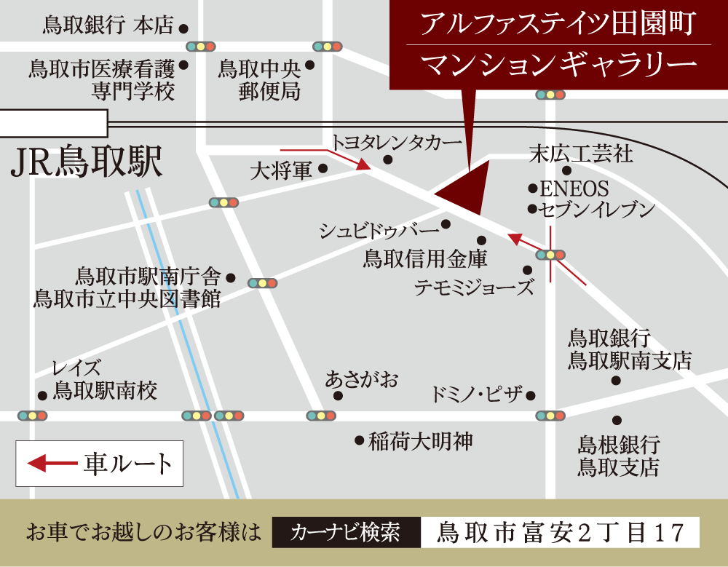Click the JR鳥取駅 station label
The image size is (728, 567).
coord(87,163)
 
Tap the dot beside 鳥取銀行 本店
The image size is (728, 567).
coord(183,28)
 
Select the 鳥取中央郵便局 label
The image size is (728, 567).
coord(260,80)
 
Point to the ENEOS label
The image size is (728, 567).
coord(574,189)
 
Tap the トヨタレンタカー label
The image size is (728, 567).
coord(397,142)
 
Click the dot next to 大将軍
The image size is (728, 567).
coord(323,169)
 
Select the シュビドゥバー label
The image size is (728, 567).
coord(379,231)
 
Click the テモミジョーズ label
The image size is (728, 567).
coord(474,288)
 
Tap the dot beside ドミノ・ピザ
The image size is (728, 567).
coord(530,396)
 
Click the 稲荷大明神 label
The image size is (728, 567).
coord(421,440)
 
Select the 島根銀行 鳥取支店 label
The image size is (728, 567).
coord(619,455)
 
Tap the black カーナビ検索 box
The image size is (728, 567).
coord(346,532)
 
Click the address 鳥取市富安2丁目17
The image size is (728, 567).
coord(560,532)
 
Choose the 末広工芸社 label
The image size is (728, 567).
coord(581,154)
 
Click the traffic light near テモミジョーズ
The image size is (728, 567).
coord(550,255)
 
